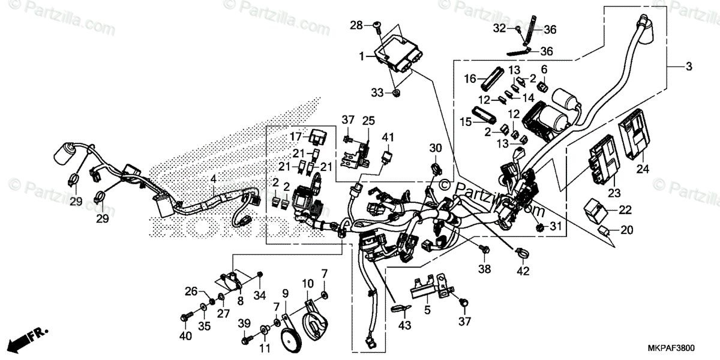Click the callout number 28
coord(356,25)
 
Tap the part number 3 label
coord(689,67)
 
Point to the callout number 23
coord(613,193)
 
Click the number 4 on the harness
coord(212,178)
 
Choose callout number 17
coord(296,136)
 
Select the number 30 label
coord(435,148)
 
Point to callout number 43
coord(404,325)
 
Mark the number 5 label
coord(427,310)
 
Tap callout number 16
coord(470,78)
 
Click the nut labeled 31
coord(539,227)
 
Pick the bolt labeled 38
coord(484,247)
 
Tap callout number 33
coord(376,93)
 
